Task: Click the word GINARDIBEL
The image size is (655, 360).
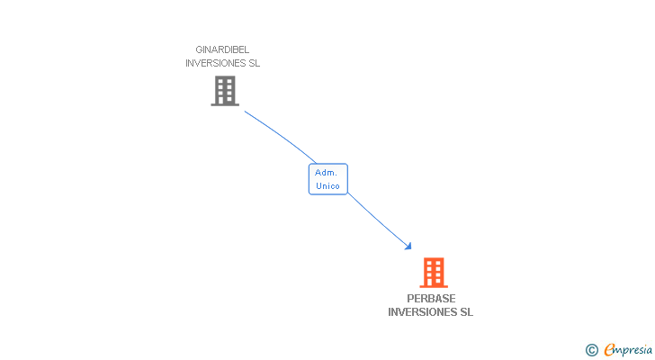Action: pyautogui.click(x=222, y=49)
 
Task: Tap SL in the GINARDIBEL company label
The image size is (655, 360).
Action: pyautogui.click(x=254, y=63)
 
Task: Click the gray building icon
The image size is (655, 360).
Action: pyautogui.click(x=225, y=90)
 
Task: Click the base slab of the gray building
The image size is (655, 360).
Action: pyautogui.click(x=225, y=104)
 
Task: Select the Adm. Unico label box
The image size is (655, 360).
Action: pyautogui.click(x=327, y=178)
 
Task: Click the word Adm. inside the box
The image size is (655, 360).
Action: pyautogui.click(x=326, y=172)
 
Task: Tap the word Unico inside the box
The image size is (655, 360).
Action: pyautogui.click(x=327, y=185)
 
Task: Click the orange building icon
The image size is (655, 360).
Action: pyautogui.click(x=434, y=272)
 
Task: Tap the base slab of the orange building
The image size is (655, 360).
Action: pyautogui.click(x=434, y=286)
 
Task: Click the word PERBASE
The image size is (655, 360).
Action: pyautogui.click(x=430, y=299)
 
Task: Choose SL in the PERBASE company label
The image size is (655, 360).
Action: pyautogui.click(x=465, y=312)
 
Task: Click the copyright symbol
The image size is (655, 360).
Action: pyautogui.click(x=591, y=350)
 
